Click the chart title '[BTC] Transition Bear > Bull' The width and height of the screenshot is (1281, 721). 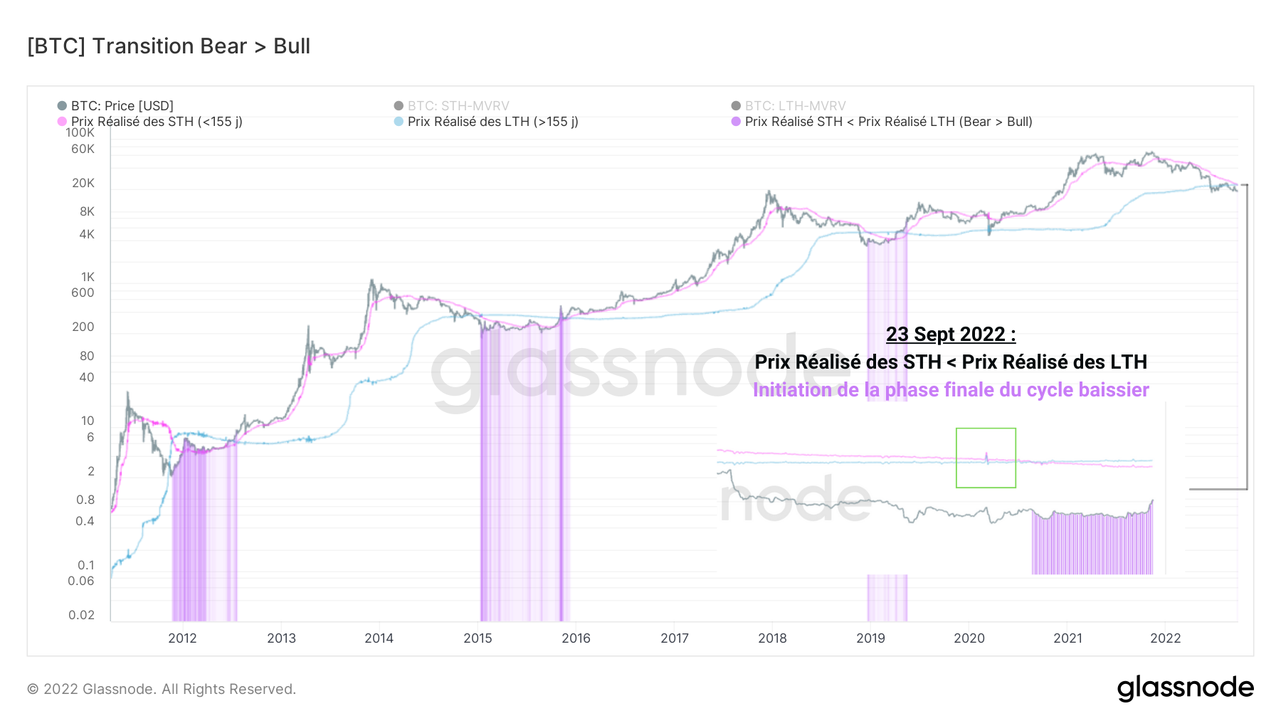[169, 46]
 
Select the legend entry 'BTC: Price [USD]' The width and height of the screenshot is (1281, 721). [122, 106]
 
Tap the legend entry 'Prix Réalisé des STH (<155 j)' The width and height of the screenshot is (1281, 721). [157, 122]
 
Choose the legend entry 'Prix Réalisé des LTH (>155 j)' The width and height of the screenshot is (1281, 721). [492, 122]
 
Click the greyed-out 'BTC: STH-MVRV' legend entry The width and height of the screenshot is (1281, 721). [458, 106]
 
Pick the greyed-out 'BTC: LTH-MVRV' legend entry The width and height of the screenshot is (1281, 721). [795, 106]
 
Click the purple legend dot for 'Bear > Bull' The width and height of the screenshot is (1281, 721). [736, 122]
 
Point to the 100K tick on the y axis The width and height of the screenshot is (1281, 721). [80, 132]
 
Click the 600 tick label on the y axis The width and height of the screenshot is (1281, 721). [83, 293]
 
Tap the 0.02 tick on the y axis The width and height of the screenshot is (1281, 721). [81, 615]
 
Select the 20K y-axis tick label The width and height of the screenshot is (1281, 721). [83, 183]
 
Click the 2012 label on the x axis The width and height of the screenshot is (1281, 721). [182, 638]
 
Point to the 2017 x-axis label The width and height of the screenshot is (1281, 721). [675, 638]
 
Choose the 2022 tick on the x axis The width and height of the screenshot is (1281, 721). [1166, 638]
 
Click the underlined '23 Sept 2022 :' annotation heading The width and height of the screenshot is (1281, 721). [951, 334]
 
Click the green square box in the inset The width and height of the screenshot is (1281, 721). [986, 458]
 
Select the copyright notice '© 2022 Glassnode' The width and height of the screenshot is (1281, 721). [162, 689]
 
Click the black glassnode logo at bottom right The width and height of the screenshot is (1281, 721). [1185, 688]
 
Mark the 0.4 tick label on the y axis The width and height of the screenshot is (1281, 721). [85, 521]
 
